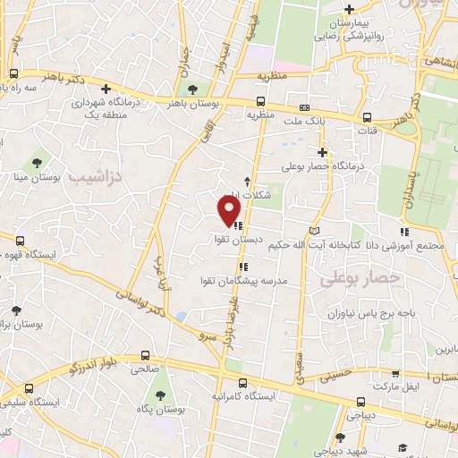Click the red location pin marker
coord(229,210)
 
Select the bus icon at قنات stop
coord(367,117)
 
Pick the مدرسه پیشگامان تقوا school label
coord(244,280)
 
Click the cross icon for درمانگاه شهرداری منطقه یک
coord(106,89)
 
